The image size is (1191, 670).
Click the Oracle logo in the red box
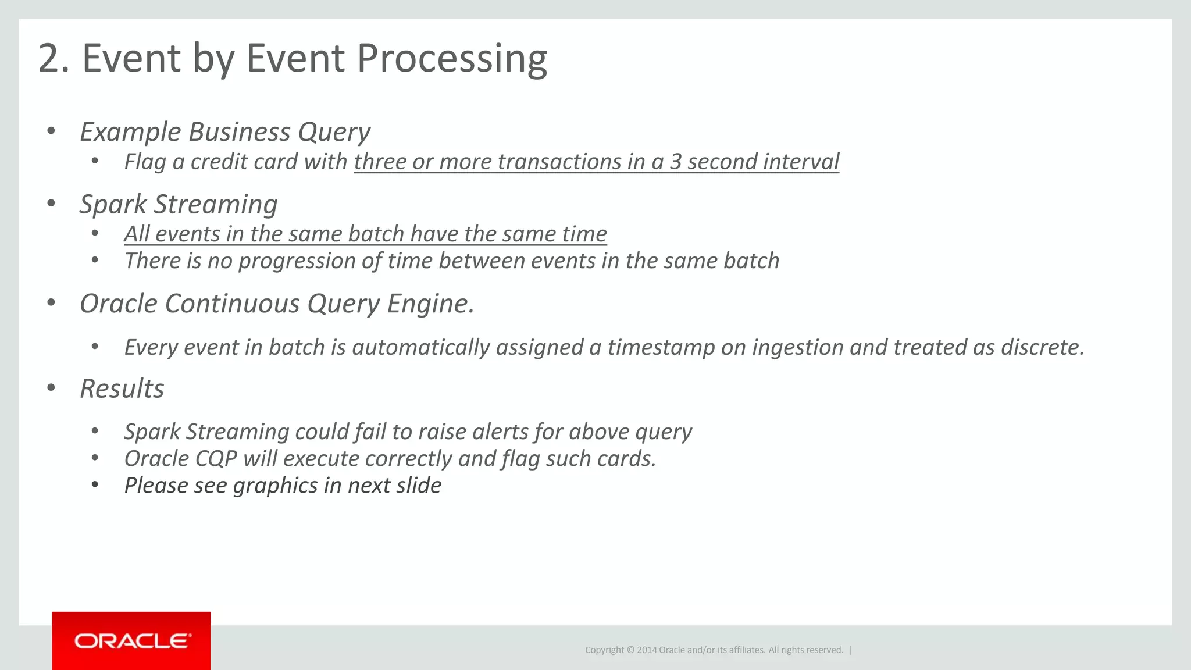pos(132,641)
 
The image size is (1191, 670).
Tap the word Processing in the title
pos(451,59)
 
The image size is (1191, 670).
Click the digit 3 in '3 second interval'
pos(675,162)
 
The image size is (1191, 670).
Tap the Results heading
pos(122,389)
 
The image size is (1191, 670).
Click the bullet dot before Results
pos(51,388)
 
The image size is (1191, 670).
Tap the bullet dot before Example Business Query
pos(51,131)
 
